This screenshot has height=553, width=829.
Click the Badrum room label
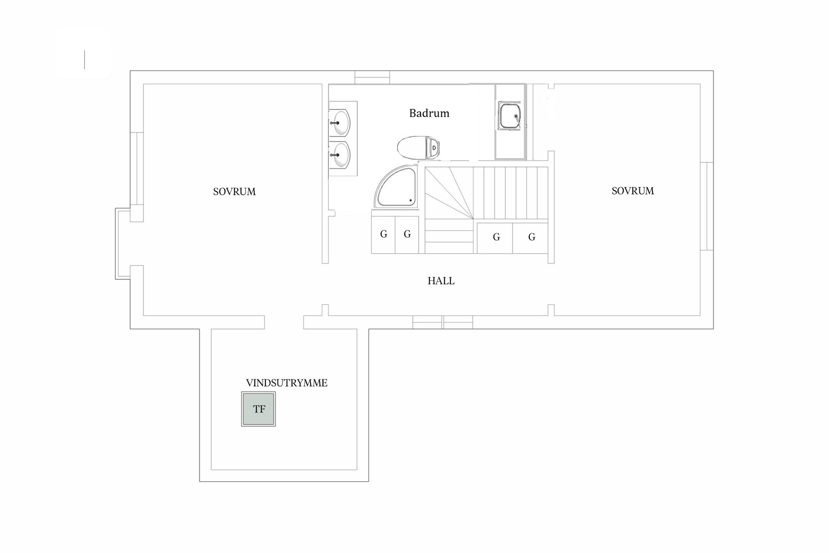(x=429, y=113)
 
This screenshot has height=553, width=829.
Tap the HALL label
(x=441, y=281)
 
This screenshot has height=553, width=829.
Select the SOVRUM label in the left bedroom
(x=234, y=191)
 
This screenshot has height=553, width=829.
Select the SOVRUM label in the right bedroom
(x=633, y=191)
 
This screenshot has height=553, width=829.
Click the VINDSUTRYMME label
(x=287, y=383)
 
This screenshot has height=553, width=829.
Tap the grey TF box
(x=259, y=409)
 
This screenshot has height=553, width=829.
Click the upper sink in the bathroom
(x=341, y=123)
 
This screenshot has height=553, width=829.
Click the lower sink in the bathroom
(x=341, y=155)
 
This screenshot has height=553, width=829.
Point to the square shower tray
(x=510, y=116)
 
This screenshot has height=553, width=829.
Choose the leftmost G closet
(x=383, y=235)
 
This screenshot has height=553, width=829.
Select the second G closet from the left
(x=407, y=235)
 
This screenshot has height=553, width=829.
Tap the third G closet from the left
(x=496, y=237)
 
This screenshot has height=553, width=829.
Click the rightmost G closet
(x=532, y=237)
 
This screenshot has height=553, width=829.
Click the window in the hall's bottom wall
(x=443, y=322)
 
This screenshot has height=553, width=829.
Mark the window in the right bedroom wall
(x=706, y=206)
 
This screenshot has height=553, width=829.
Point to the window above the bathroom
(x=372, y=77)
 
